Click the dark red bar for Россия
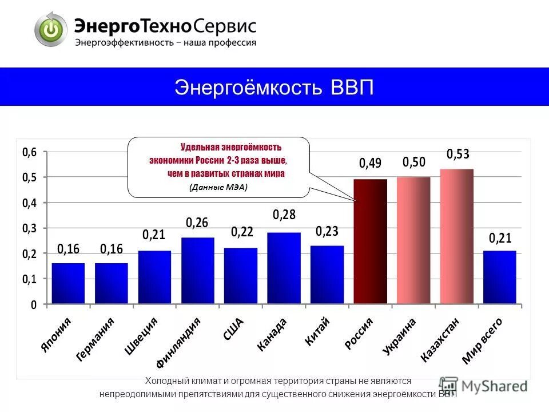click(x=371, y=241)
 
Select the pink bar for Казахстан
click(x=456, y=236)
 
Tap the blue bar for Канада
click(x=284, y=268)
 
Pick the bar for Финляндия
click(x=197, y=270)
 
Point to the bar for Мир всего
click(x=499, y=277)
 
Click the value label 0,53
click(x=457, y=154)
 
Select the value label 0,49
click(x=370, y=164)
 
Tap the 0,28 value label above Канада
click(x=284, y=215)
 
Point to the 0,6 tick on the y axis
click(x=29, y=152)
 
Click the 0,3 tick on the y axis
click(x=29, y=228)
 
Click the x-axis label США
click(x=233, y=330)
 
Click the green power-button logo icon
click(x=51, y=29)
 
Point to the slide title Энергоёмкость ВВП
click(x=274, y=88)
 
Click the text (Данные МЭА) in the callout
click(x=218, y=187)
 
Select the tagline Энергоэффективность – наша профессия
click(x=166, y=42)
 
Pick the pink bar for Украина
click(x=413, y=240)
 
